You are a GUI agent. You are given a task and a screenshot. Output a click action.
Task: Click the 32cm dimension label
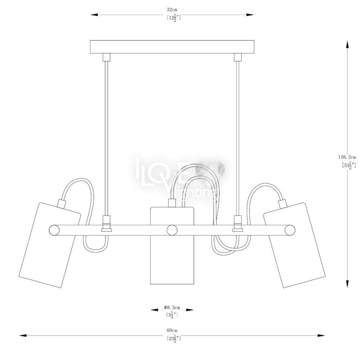(172, 10)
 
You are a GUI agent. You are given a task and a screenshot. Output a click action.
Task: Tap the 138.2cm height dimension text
(347, 157)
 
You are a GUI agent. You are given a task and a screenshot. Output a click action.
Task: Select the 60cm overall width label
(172, 330)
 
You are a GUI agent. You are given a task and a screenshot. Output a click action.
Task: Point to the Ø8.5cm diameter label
(172, 307)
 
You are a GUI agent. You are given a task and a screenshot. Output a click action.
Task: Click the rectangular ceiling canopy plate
(172, 47)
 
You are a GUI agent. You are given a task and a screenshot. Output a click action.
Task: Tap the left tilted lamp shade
(50, 245)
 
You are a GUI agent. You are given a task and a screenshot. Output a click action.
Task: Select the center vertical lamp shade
(172, 246)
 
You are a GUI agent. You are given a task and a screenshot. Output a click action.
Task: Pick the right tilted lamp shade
(294, 245)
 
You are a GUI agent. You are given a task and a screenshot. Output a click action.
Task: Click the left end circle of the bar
(54, 230)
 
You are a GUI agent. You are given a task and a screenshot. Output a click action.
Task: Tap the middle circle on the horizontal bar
(172, 230)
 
